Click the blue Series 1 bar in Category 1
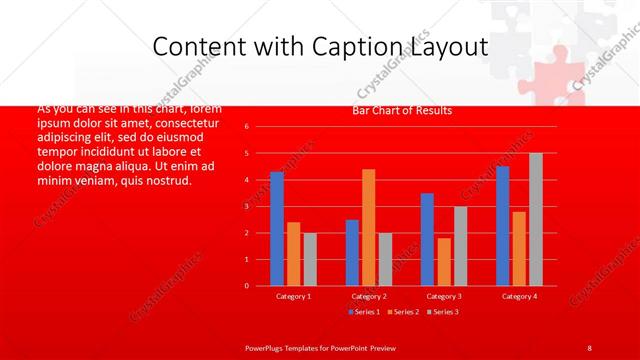tap(276, 229)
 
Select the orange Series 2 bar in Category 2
tap(368, 227)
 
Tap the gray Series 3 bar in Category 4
tap(535, 219)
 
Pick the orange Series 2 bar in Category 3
tap(444, 262)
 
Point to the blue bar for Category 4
tap(502, 226)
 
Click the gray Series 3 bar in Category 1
tap(310, 259)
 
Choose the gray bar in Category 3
tap(460, 246)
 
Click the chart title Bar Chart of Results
tap(402, 110)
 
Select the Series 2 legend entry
tap(403, 312)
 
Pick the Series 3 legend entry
tap(443, 312)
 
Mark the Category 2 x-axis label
tap(368, 296)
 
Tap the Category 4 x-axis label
tap(519, 296)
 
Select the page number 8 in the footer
tap(589, 347)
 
